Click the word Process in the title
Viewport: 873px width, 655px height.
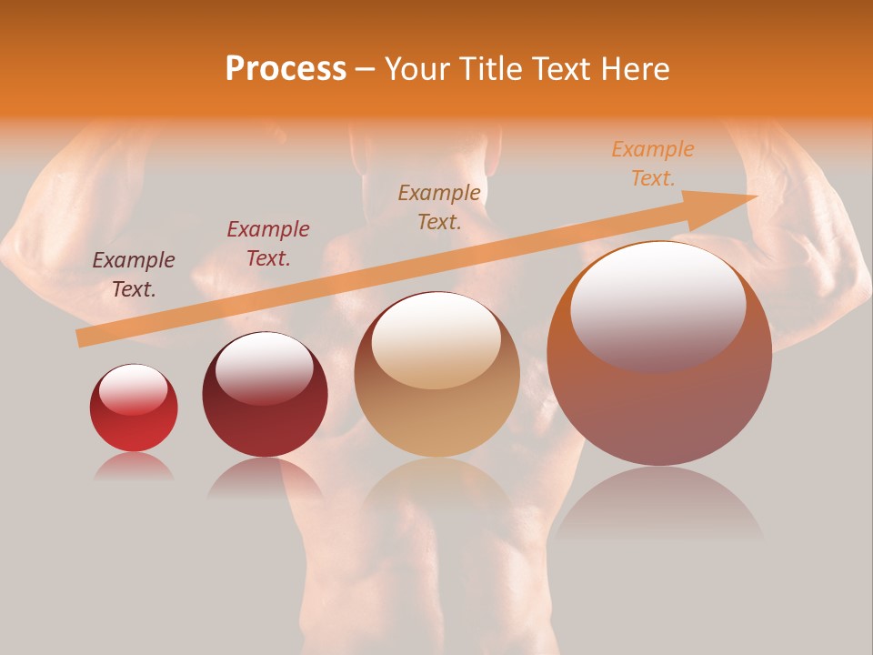tap(286, 69)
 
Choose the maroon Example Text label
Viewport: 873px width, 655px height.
tap(268, 243)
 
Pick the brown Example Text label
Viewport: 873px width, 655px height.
tap(439, 207)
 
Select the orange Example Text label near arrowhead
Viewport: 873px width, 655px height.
tap(653, 164)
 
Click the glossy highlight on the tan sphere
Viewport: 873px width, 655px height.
tap(436, 341)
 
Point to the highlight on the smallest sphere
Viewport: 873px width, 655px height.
tap(133, 389)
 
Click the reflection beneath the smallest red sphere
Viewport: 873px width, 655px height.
tap(134, 466)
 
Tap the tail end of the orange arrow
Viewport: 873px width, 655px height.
tap(84, 338)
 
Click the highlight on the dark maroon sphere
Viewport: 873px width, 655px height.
tap(265, 367)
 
